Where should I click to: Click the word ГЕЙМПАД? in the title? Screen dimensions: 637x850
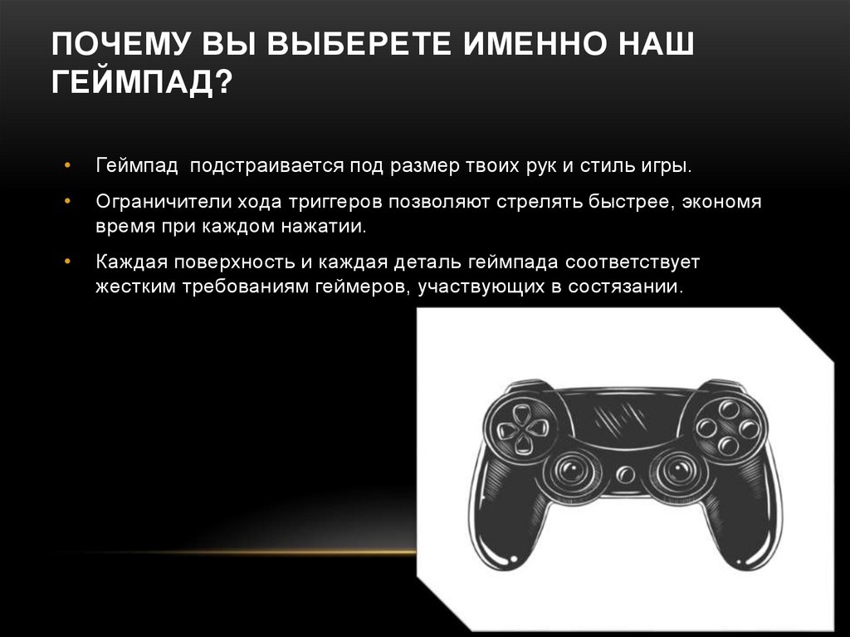tap(141, 84)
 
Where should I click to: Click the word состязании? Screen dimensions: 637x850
tap(627, 287)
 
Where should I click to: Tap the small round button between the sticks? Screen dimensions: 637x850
tap(625, 474)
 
